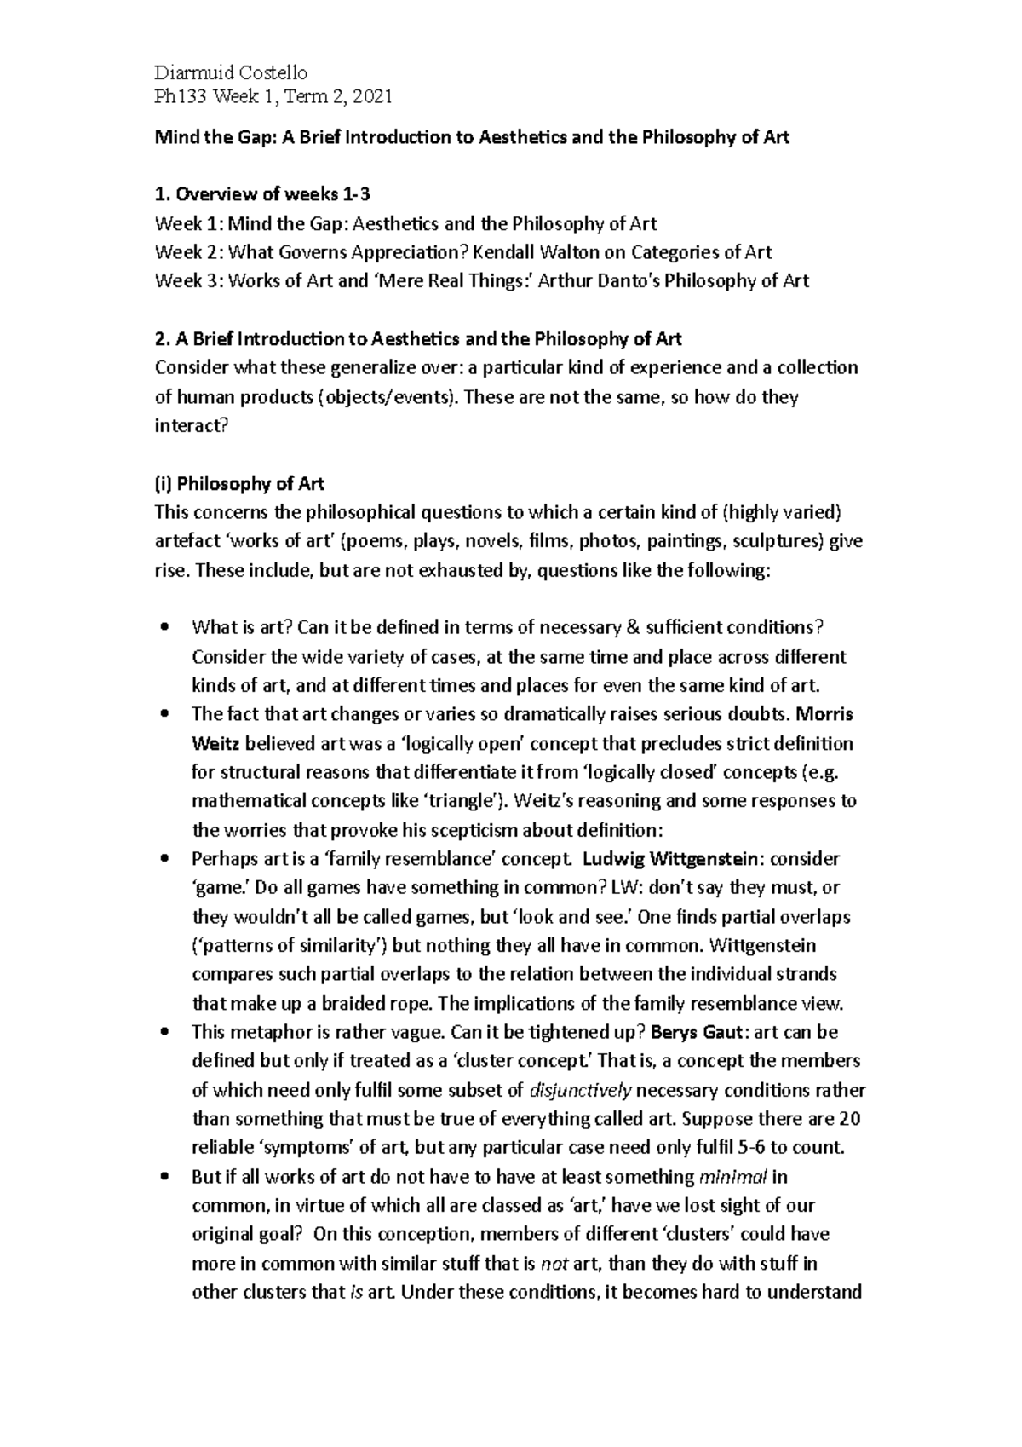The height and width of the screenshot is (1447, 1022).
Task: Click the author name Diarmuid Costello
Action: (x=230, y=72)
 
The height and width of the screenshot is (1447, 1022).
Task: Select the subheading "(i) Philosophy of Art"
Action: (x=239, y=484)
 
